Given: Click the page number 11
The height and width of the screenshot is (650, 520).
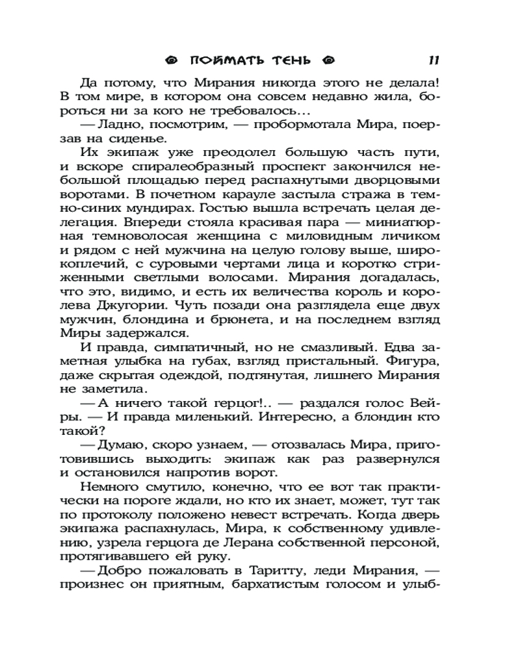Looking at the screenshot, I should point(434,61).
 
